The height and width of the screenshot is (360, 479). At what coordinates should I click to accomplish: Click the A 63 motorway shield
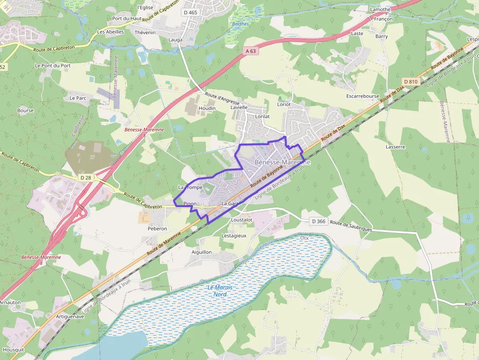click(x=251, y=51)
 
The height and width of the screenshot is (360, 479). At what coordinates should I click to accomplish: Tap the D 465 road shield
click(x=190, y=12)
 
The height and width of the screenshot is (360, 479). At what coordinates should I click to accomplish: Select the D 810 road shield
click(x=411, y=82)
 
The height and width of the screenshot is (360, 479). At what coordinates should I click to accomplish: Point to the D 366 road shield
click(x=318, y=221)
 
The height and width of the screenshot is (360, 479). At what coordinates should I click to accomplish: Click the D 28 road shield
click(x=86, y=177)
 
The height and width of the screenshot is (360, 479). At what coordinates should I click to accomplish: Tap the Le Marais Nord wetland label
click(x=219, y=291)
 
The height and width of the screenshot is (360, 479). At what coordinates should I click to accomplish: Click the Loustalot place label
click(x=241, y=220)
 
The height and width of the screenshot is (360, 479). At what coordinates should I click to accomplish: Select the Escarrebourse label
click(x=362, y=96)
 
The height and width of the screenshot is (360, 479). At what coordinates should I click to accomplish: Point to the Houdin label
click(x=207, y=108)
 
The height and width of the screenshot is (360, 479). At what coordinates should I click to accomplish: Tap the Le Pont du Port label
click(x=53, y=65)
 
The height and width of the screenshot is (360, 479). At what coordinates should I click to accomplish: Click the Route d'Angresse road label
click(x=222, y=99)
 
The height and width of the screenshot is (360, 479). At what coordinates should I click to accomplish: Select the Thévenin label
click(x=145, y=32)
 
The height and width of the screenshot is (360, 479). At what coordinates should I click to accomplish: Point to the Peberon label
click(x=157, y=228)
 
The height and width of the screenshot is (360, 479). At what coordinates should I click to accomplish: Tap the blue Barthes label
click(x=240, y=23)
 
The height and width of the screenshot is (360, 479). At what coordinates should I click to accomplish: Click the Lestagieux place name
click(x=234, y=235)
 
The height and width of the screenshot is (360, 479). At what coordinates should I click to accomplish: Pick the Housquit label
click(x=13, y=350)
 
